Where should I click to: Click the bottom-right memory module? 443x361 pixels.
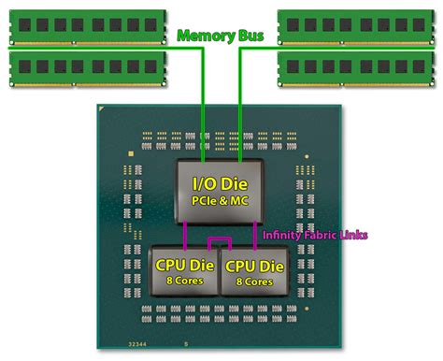click(x=359, y=66)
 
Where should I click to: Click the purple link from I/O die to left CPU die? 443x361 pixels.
click(x=186, y=234)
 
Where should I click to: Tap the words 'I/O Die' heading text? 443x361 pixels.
click(x=221, y=183)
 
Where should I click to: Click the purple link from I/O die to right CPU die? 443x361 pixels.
click(x=259, y=234)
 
